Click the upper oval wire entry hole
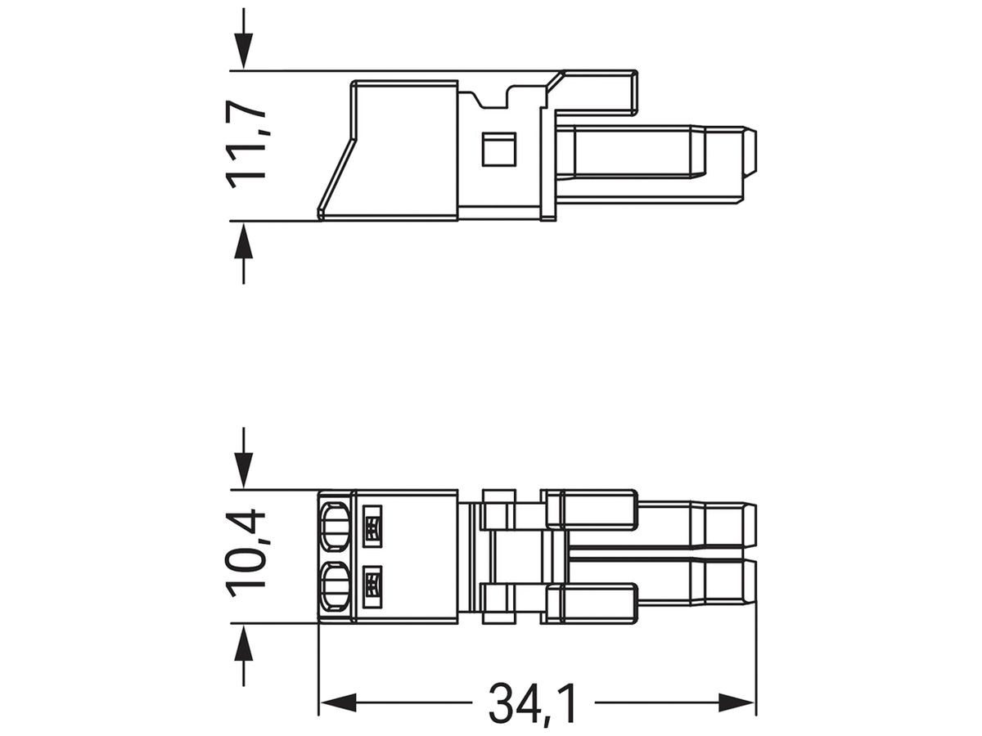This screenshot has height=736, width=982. [335, 527]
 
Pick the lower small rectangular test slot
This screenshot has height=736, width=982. [372, 586]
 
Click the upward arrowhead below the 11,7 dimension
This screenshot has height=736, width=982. [243, 240]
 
